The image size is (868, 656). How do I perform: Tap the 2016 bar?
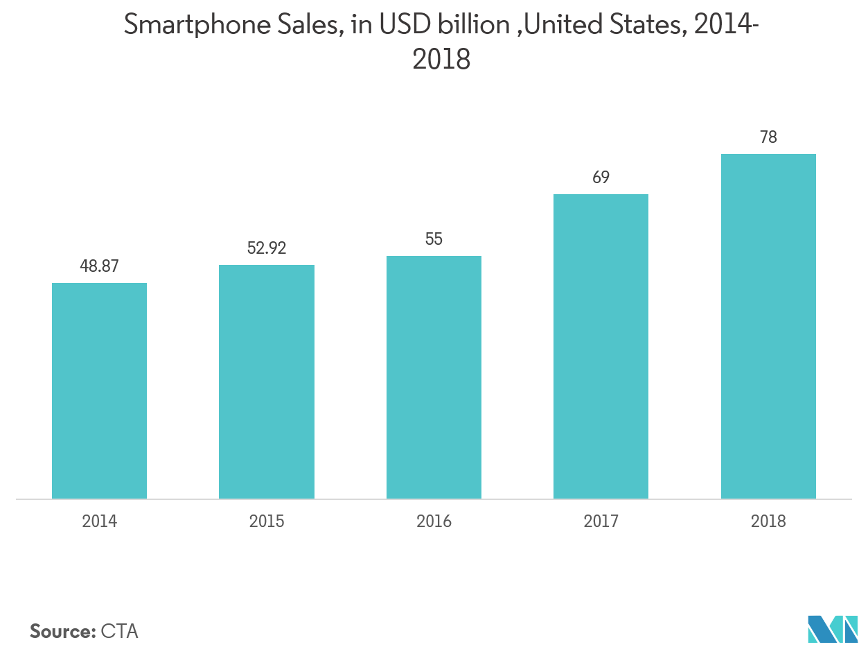coord(434,377)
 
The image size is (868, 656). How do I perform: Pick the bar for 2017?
coord(601,346)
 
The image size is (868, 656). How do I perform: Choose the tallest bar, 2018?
coord(768,326)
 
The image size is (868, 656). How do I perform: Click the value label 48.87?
coord(99,266)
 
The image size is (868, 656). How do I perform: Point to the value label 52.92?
coord(267,248)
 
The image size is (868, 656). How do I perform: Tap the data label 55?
coord(434,239)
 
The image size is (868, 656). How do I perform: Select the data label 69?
coord(601,178)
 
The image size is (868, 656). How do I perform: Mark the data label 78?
coord(768,137)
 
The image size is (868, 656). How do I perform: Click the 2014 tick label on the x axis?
coord(99,521)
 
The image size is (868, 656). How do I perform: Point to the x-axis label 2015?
coord(267,521)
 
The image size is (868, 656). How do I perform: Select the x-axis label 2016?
coord(434,521)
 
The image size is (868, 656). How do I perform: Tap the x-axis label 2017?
coord(601,521)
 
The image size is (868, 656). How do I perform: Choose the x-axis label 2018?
coord(768,521)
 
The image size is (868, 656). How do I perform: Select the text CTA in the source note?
coord(119,632)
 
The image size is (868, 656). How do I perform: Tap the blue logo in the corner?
coord(832,629)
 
